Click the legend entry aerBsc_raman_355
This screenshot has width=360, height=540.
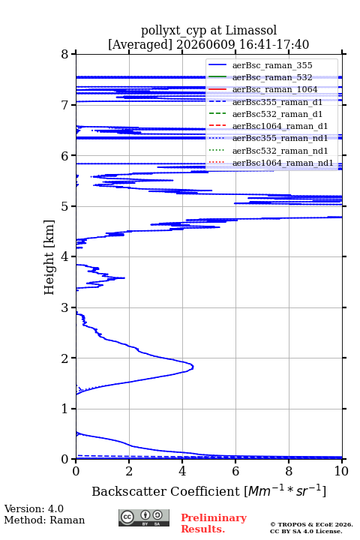272,65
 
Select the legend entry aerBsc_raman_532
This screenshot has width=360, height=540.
272,77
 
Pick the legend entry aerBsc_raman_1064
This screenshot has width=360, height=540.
275,89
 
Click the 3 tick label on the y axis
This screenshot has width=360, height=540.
65,307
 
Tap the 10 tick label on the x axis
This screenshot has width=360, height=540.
341,471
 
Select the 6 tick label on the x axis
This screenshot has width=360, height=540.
235,471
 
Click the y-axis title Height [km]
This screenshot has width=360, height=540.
49,257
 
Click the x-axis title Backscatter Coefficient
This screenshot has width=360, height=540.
166,491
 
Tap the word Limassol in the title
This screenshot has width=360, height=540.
251,31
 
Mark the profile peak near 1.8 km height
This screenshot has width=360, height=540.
192,367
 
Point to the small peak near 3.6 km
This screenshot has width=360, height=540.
123,277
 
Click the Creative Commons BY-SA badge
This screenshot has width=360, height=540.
144,517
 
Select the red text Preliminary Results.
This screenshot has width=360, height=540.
214,523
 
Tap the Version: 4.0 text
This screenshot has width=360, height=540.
34,508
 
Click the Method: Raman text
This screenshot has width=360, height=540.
44,520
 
